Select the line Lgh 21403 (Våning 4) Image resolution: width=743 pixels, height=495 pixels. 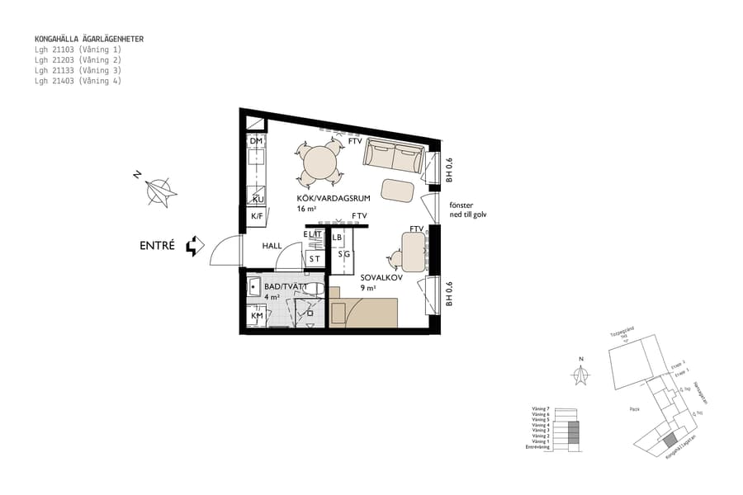pos(78,81)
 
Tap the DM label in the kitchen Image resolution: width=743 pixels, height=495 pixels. pos(256,142)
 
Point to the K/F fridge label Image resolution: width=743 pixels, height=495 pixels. pos(256,217)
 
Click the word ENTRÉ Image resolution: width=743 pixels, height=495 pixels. pos(157,245)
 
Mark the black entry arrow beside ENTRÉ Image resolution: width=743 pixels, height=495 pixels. pos(194,245)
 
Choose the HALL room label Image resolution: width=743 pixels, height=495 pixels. pos(272,246)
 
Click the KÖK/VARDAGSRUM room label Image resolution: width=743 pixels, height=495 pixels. pos(333,200)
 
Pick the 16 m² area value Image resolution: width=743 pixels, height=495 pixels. pos(307,210)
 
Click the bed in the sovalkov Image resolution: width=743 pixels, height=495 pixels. pos(365,313)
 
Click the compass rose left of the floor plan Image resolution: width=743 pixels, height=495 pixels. pos(157,192)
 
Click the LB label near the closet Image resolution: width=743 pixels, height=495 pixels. pos(337,238)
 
